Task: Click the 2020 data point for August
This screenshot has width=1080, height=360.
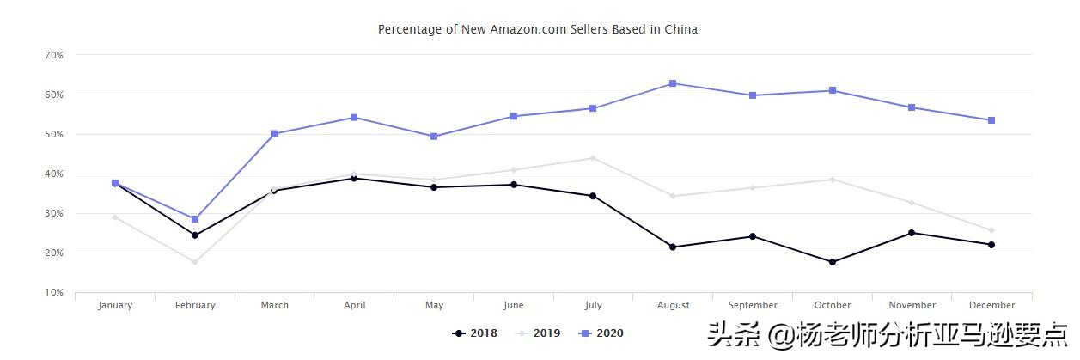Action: click(x=673, y=83)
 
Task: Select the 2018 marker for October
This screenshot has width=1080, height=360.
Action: click(x=833, y=262)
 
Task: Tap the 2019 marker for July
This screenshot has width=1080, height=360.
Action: click(x=593, y=158)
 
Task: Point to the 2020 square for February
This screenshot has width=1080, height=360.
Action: click(x=195, y=219)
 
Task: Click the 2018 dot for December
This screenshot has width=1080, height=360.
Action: click(x=992, y=245)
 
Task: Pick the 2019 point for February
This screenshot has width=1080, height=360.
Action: click(x=195, y=262)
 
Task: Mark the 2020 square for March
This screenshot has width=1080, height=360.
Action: click(x=274, y=134)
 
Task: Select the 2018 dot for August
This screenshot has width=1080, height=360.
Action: click(x=673, y=247)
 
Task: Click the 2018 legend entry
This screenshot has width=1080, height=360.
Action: click(x=474, y=333)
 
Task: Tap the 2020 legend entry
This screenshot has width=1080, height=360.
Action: click(x=601, y=333)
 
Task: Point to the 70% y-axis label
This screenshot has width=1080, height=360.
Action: click(x=53, y=55)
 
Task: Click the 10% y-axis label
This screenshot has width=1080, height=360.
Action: click(x=53, y=293)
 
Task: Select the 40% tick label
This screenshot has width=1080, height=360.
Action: click(x=53, y=174)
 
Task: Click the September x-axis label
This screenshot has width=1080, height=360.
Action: click(x=753, y=305)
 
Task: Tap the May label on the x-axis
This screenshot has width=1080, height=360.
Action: click(x=434, y=305)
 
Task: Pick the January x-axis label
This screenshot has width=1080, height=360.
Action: click(x=115, y=305)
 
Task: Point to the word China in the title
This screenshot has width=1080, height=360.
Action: click(x=680, y=29)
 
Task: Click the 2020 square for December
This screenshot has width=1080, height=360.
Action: click(x=992, y=120)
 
